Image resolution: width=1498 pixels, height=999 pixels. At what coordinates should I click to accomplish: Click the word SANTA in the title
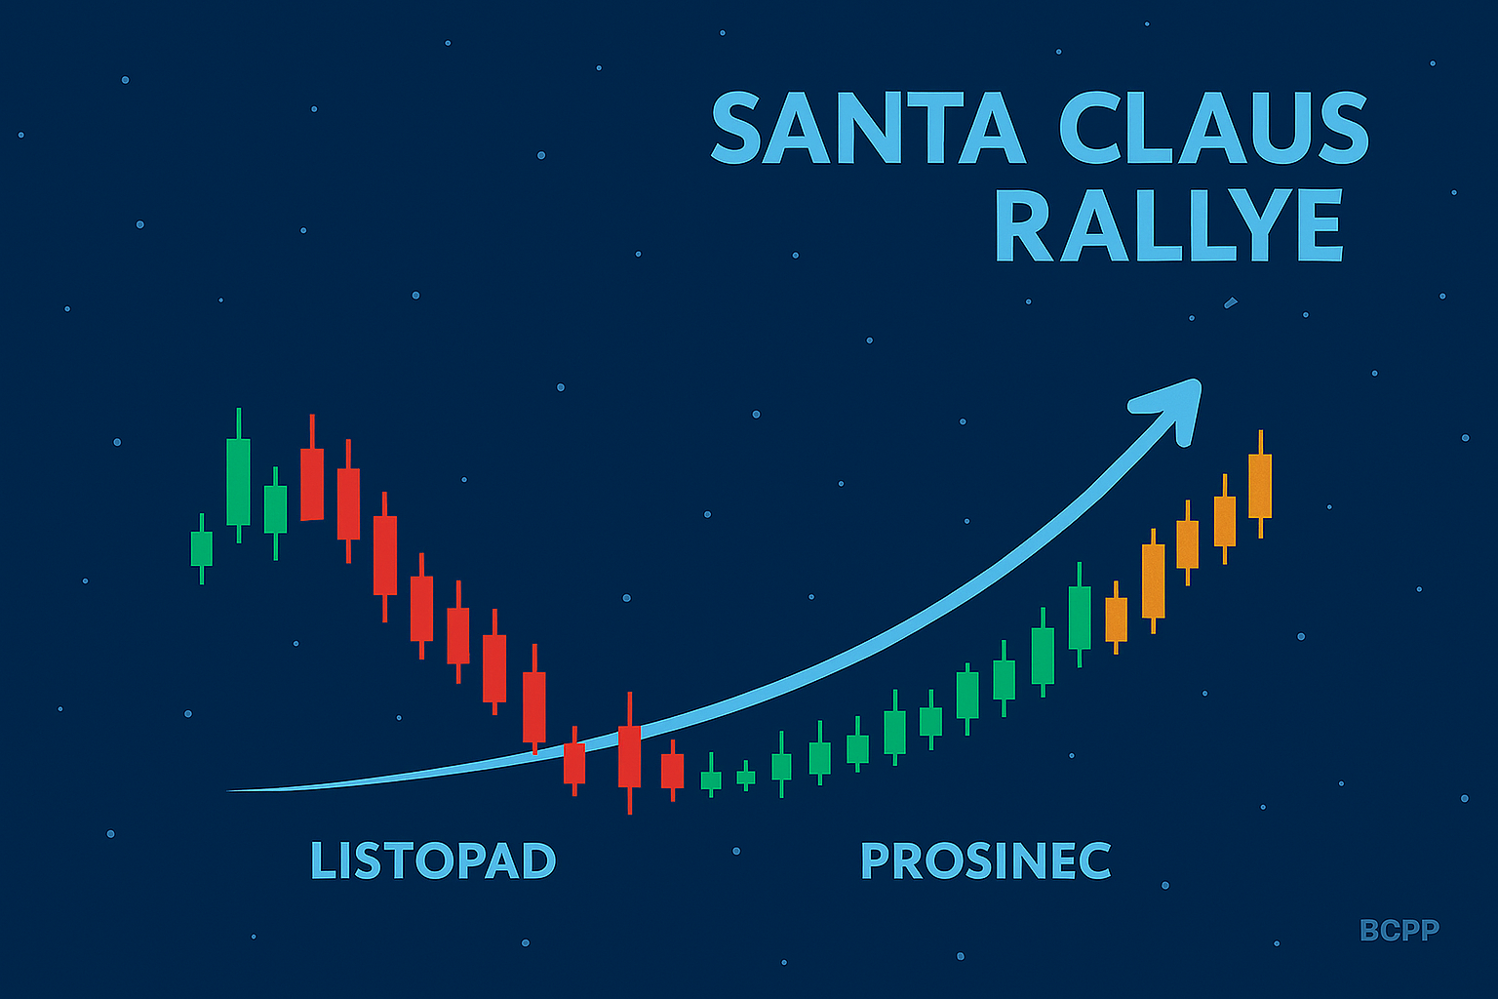[868, 127]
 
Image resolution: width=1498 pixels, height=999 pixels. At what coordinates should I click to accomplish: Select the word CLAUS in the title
[1214, 127]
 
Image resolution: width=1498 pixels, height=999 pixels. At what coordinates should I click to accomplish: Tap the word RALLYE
[1169, 224]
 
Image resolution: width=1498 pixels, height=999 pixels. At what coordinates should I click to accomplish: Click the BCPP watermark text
[1399, 930]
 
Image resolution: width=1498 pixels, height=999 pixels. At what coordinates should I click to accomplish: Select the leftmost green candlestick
[201, 548]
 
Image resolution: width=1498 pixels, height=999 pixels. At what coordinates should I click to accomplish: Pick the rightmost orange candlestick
[1260, 485]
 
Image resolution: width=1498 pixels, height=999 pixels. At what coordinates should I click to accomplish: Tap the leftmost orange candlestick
[1116, 619]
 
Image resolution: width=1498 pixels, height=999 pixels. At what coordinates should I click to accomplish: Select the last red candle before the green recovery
[672, 771]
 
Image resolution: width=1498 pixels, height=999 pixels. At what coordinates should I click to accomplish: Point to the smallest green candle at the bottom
[746, 777]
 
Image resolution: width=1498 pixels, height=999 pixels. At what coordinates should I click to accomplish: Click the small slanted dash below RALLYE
[1231, 303]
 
